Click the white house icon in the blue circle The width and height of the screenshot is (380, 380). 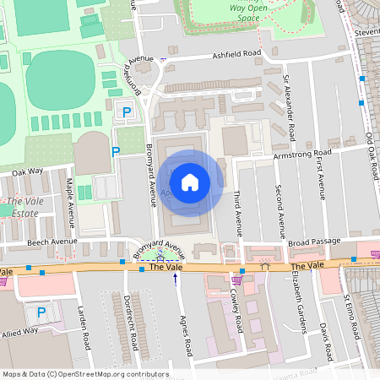pyautogui.click(x=190, y=181)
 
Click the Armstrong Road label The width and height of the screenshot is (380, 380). pyautogui.click(x=301, y=155)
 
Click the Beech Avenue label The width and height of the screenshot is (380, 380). pyautogui.click(x=52, y=242)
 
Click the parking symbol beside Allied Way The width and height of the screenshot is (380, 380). pyautogui.click(x=41, y=312)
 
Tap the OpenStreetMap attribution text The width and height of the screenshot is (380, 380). pyautogui.click(x=85, y=374)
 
